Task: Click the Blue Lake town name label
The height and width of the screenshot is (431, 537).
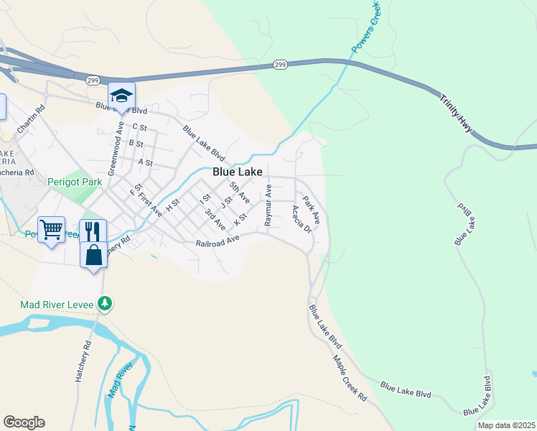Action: [236, 172]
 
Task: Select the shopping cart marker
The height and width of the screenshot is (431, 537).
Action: [51, 230]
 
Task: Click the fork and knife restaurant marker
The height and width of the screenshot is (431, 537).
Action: [93, 231]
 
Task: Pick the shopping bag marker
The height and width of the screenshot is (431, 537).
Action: [94, 256]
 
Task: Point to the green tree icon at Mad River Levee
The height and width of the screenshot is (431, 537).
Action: [105, 305]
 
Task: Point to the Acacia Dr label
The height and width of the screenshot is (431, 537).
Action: [301, 219]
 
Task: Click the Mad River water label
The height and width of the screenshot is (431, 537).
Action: [121, 381]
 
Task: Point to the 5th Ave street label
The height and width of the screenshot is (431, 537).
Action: [239, 193]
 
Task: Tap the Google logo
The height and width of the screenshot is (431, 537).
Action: [24, 422]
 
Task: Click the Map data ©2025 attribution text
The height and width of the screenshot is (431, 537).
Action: [505, 425]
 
